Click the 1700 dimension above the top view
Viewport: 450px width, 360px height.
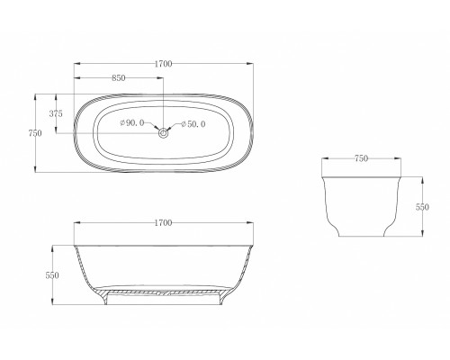(163, 64)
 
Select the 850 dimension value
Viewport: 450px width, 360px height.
(118, 77)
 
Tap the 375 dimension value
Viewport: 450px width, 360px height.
(56, 113)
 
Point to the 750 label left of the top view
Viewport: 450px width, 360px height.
(35, 132)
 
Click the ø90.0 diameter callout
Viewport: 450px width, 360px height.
(132, 123)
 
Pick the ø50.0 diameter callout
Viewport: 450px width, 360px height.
(194, 123)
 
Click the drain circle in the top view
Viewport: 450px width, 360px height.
(163, 133)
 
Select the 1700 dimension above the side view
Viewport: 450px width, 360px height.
(163, 221)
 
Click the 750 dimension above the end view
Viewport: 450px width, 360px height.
(361, 158)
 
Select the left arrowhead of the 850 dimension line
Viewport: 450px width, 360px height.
(76, 81)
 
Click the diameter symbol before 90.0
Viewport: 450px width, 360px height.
(122, 123)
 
